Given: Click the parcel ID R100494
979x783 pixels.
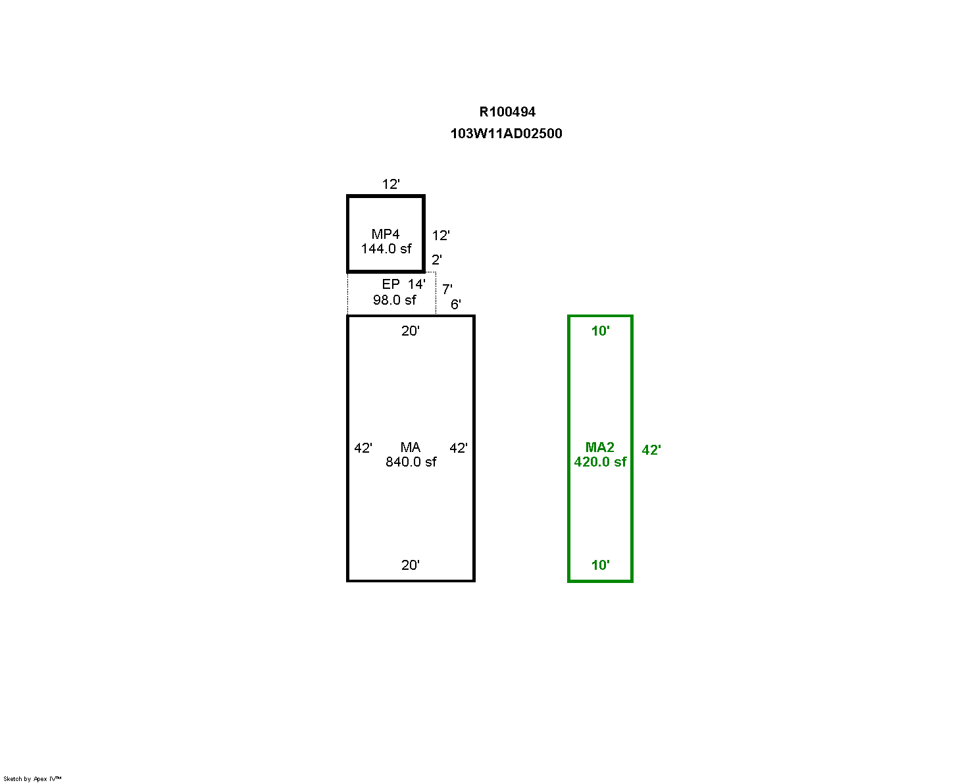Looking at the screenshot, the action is (x=507, y=111).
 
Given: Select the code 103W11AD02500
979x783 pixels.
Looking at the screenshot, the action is (x=506, y=134).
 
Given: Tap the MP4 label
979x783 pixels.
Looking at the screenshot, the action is (x=386, y=234).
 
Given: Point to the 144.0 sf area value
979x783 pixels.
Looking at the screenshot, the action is (x=386, y=249).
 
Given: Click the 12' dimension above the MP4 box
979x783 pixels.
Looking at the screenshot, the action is (x=391, y=184).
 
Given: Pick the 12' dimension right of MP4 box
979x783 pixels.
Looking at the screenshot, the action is (x=440, y=235).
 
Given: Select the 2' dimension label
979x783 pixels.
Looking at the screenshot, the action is (x=436, y=259).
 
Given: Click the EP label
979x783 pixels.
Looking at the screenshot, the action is (x=390, y=284).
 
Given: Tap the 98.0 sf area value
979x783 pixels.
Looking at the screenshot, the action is (x=394, y=300).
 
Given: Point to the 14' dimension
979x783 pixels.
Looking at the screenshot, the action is (x=416, y=284).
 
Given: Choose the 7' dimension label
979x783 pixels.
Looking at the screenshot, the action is (x=447, y=288).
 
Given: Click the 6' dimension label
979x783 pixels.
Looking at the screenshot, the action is (x=455, y=304).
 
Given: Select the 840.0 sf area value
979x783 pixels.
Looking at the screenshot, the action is (x=411, y=462).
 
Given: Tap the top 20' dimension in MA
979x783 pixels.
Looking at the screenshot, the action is (x=410, y=331).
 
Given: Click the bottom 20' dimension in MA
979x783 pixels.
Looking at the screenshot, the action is (x=410, y=565).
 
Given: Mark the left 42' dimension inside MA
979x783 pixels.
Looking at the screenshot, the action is (x=363, y=447).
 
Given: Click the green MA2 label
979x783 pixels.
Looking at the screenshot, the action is (x=599, y=447).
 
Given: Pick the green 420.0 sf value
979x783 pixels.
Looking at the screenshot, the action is (x=600, y=462).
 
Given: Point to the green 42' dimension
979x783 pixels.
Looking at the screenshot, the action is (x=651, y=449).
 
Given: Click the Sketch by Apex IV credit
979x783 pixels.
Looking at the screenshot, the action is (x=32, y=778).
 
